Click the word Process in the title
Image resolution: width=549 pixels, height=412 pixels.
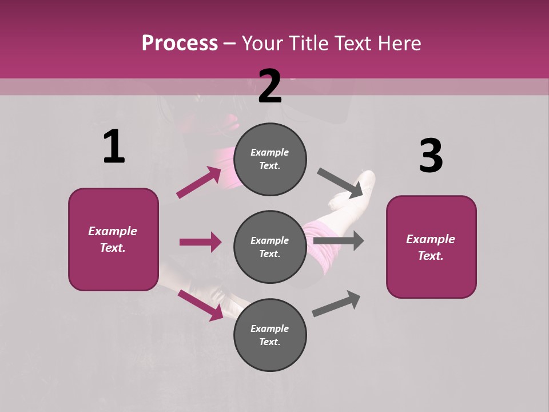pyautogui.click(x=180, y=43)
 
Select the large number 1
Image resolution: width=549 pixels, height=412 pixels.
pyautogui.click(x=114, y=147)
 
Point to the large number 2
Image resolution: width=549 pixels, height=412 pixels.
pyautogui.click(x=270, y=86)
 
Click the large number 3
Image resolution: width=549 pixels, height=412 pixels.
pyautogui.click(x=431, y=156)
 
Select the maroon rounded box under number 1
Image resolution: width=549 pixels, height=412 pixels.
pyautogui.click(x=113, y=239)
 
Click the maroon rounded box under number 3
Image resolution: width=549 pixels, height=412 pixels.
pyautogui.click(x=431, y=247)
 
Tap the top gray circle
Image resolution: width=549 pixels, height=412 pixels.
pyautogui.click(x=270, y=159)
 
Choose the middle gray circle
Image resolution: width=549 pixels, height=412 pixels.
pyautogui.click(x=270, y=247)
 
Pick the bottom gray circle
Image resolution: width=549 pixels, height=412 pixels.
pyautogui.click(x=270, y=335)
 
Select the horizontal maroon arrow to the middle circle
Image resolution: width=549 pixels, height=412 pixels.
pyautogui.click(x=200, y=242)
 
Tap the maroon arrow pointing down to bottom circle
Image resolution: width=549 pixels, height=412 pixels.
pyautogui.click(x=200, y=304)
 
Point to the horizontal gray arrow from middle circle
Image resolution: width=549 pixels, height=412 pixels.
pyautogui.click(x=339, y=241)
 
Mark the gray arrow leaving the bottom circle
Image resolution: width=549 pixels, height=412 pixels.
pyautogui.click(x=336, y=303)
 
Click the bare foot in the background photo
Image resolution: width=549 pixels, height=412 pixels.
pyautogui.click(x=355, y=189)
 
